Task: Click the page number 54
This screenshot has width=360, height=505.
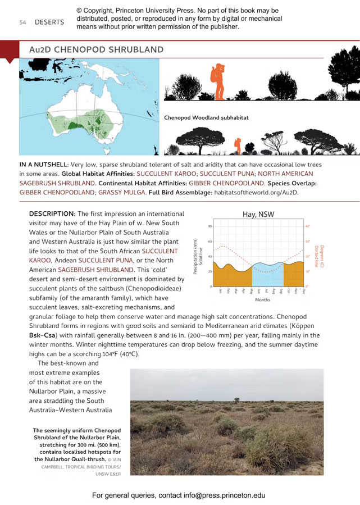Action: pyautogui.click(x=22, y=22)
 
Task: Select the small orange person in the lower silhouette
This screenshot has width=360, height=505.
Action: pyautogui.click(x=238, y=144)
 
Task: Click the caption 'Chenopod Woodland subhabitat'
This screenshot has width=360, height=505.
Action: pyautogui.click(x=206, y=118)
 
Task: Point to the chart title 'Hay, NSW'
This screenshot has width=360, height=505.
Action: pyautogui.click(x=258, y=214)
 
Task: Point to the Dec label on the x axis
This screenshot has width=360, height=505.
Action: pyautogui.click(x=303, y=291)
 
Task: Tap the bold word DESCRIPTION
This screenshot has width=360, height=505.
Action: pyautogui.click(x=52, y=214)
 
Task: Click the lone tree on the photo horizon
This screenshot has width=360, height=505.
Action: pyautogui.click(x=238, y=400)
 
